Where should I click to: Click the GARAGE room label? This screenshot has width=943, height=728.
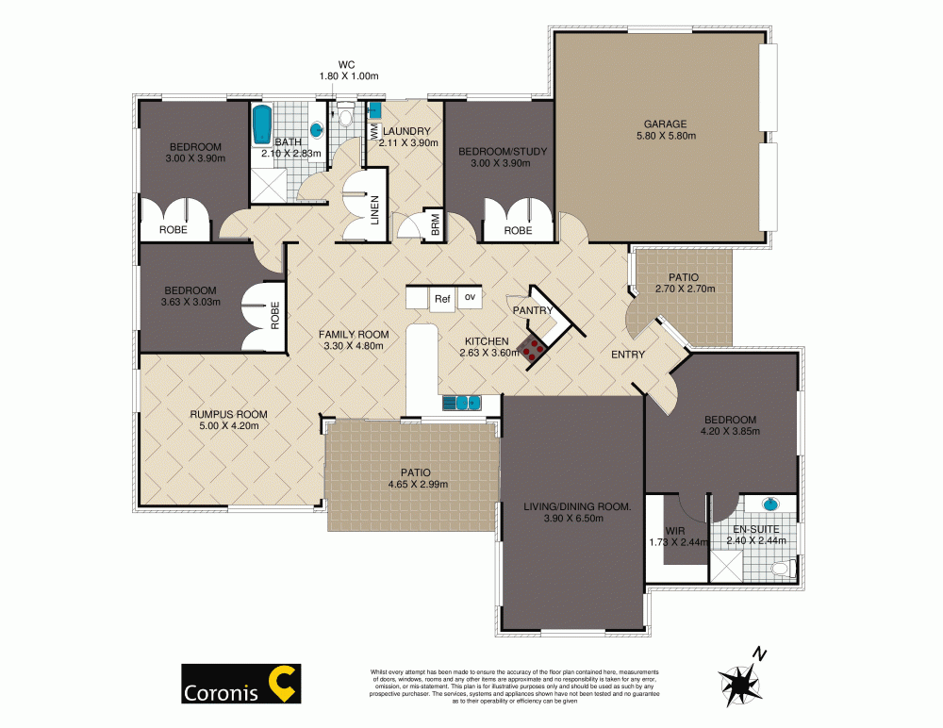tap(665, 124)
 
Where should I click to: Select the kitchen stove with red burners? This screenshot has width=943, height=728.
tap(535, 349)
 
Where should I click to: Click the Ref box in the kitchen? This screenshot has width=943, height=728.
tap(441, 299)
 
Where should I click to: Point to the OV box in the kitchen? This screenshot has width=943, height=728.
tap(470, 298)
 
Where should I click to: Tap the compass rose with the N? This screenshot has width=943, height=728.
tap(741, 677)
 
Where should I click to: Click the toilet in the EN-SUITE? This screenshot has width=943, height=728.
tap(781, 569)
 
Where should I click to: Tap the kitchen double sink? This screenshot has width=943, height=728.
tap(461, 404)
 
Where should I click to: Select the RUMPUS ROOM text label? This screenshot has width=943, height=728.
tap(228, 414)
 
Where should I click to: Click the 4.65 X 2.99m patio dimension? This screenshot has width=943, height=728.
tap(412, 485)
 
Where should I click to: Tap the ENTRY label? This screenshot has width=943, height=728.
tap(628, 355)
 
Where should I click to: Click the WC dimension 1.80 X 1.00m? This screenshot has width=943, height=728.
tap(348, 75)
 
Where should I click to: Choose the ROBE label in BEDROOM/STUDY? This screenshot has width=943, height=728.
tap(518, 230)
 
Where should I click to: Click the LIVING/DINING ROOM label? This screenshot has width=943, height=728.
tap(577, 506)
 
